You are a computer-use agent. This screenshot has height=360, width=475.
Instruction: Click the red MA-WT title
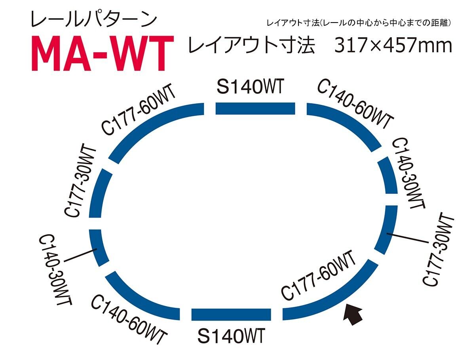pos(103,53)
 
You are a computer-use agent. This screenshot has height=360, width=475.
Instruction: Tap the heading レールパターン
pos(94,20)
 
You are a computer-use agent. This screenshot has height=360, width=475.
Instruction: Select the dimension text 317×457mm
pos(393,45)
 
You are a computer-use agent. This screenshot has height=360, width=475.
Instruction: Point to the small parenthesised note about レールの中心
pos(359,23)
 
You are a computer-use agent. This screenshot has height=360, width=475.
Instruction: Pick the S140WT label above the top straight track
pos(250,87)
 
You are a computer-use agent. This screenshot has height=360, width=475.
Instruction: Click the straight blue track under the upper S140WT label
pos(255,108)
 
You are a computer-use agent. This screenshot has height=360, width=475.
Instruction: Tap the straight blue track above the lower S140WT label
pos(231,315)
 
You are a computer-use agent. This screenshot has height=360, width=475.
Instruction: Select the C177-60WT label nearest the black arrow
pos(318,275)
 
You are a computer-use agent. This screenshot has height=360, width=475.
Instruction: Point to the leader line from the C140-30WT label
pos(80,255)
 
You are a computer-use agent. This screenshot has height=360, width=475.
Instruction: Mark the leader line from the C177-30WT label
pos(407,238)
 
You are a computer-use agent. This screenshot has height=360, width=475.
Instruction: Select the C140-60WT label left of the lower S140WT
pos(129,320)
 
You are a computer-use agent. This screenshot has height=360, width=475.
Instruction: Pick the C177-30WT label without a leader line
pos(80,180)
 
